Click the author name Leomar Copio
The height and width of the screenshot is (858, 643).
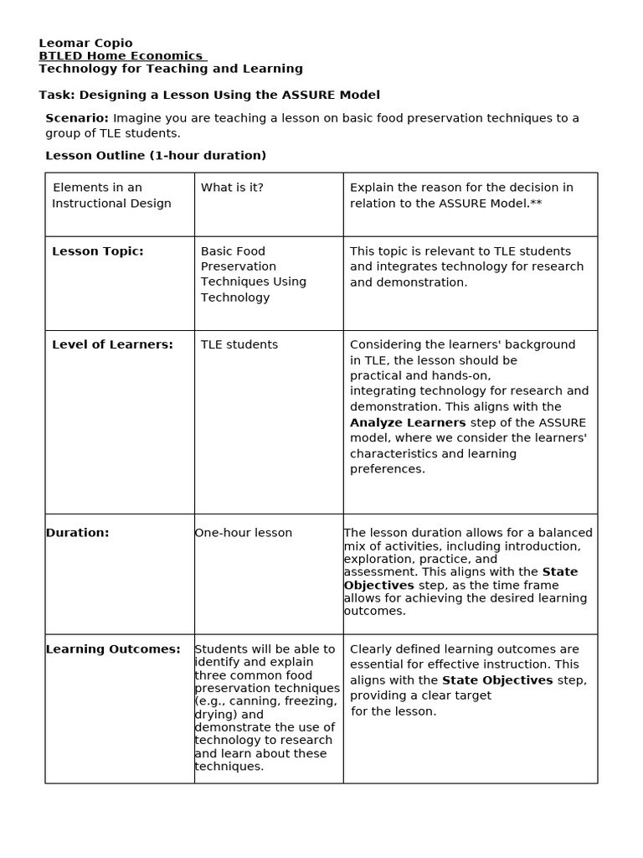85,43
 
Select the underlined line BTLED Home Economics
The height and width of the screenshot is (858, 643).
122,56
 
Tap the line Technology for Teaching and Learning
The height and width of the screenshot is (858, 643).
171,69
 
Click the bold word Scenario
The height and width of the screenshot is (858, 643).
76,118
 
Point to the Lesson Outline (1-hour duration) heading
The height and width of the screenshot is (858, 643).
155,155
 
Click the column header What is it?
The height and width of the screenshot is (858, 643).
232,188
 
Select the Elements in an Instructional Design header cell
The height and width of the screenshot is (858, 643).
111,195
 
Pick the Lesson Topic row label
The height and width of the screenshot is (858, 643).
97,251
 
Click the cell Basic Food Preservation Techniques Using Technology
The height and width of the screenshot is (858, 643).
253,274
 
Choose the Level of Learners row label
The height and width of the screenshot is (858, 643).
112,344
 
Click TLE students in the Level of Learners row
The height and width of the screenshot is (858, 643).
239,344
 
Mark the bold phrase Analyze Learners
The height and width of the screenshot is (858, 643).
408,422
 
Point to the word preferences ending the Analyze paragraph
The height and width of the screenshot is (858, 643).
387,469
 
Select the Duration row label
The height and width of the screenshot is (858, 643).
77,533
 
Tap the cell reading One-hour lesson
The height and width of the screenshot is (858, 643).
243,533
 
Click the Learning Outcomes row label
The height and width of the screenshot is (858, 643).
113,649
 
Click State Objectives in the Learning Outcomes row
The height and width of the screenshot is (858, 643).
497,680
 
